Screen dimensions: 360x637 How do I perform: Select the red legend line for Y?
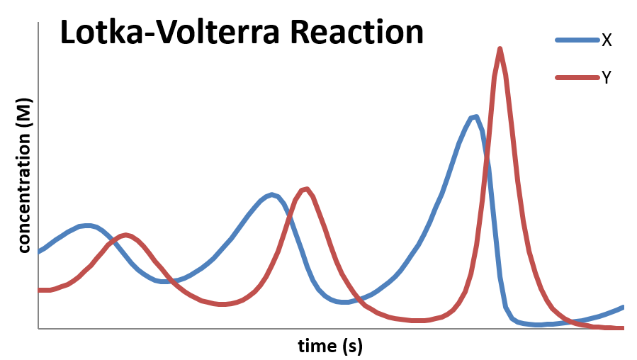click(x=576, y=77)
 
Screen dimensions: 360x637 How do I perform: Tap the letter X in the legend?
click(x=607, y=40)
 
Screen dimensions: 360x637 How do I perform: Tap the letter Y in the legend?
click(x=607, y=78)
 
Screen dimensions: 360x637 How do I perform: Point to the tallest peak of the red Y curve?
click(x=500, y=49)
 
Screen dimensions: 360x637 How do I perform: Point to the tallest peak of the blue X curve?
click(x=473, y=117)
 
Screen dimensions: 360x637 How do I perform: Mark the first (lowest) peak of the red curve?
click(x=125, y=235)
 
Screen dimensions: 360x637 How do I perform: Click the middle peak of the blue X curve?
click(x=271, y=194)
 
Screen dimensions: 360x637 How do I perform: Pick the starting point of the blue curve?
click(x=39, y=251)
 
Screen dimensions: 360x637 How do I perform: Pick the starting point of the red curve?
click(x=39, y=290)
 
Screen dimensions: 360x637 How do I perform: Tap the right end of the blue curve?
click(x=623, y=307)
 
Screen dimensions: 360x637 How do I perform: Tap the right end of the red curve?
click(x=622, y=327)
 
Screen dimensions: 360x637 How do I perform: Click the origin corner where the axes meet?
click(x=38, y=328)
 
